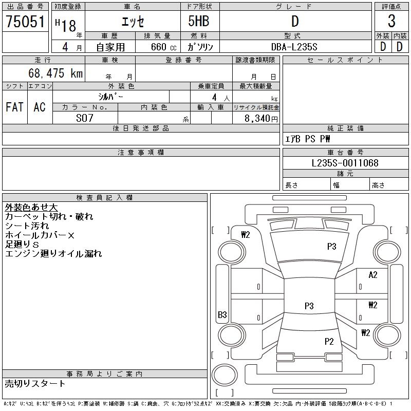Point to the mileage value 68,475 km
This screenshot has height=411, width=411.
click(x=56, y=73)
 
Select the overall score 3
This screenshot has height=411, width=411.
click(x=391, y=22)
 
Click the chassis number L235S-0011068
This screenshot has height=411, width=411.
click(x=345, y=163)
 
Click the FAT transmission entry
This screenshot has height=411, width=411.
click(x=14, y=107)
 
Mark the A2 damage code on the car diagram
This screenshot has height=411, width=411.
click(x=373, y=275)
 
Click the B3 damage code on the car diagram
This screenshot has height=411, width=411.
click(x=222, y=315)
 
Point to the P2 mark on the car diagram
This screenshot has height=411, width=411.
click(x=329, y=341)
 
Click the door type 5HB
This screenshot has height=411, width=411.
click(x=199, y=22)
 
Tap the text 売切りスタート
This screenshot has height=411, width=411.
click(x=35, y=384)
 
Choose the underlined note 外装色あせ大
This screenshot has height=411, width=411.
click(x=31, y=208)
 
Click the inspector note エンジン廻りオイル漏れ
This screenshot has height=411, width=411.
click(x=53, y=254)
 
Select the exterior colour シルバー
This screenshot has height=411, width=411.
click(x=110, y=97)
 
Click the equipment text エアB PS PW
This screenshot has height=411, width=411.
click(x=308, y=139)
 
